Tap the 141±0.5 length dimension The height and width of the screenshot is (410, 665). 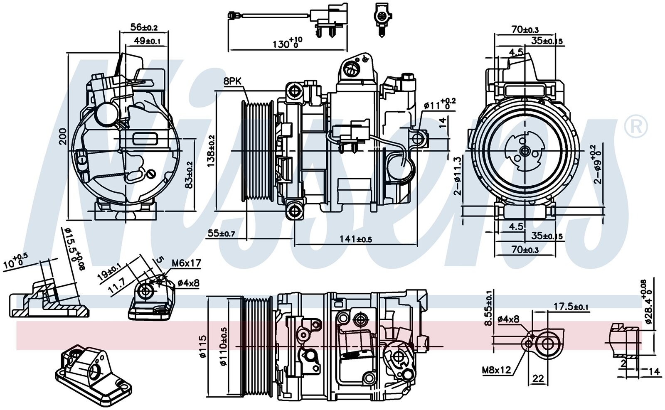pyautogui.click(x=355, y=239)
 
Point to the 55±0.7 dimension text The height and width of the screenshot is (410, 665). pyautogui.click(x=221, y=234)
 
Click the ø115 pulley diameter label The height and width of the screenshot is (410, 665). pyautogui.click(x=202, y=347)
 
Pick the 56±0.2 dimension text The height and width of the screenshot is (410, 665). pyautogui.click(x=144, y=27)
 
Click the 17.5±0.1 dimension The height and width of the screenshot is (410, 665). pyautogui.click(x=571, y=307)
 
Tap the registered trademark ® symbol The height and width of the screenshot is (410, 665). pyautogui.click(x=636, y=127)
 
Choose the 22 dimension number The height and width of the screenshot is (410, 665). pyautogui.click(x=538, y=378)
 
